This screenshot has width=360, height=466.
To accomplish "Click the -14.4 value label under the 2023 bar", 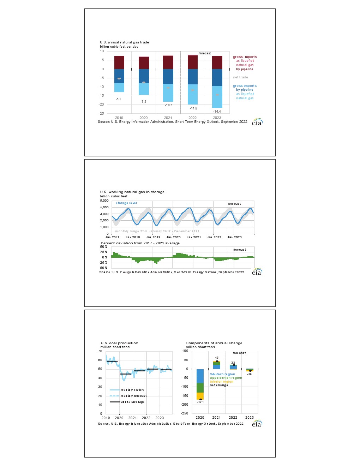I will (217, 112).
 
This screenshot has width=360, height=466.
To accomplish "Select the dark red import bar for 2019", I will (119, 62).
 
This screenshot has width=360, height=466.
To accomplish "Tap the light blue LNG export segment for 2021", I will (168, 93).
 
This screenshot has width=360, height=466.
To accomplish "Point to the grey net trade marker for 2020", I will (144, 83).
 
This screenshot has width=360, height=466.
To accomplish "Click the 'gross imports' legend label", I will (245, 57).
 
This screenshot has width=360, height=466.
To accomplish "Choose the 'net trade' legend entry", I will (240, 77).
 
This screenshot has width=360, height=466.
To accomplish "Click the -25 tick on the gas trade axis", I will (101, 113).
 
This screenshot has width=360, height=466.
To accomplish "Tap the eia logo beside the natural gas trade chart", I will (257, 122).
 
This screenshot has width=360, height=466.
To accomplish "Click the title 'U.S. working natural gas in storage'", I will (132, 192).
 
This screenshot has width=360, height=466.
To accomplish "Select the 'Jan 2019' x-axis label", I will (154, 237).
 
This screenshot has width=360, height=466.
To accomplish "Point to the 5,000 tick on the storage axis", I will (104, 201).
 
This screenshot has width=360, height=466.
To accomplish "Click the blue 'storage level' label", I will (127, 203).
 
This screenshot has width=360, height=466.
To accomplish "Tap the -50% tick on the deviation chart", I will (103, 268).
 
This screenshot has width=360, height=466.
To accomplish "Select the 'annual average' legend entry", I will (132, 402).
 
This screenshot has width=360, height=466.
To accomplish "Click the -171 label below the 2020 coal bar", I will (200, 402).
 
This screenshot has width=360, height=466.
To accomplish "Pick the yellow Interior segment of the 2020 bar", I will (200, 396).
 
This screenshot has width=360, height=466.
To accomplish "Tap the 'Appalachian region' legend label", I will (226, 378).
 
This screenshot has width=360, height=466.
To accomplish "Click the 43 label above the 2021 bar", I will (217, 358).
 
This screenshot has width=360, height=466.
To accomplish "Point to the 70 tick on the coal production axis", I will (100, 351).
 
